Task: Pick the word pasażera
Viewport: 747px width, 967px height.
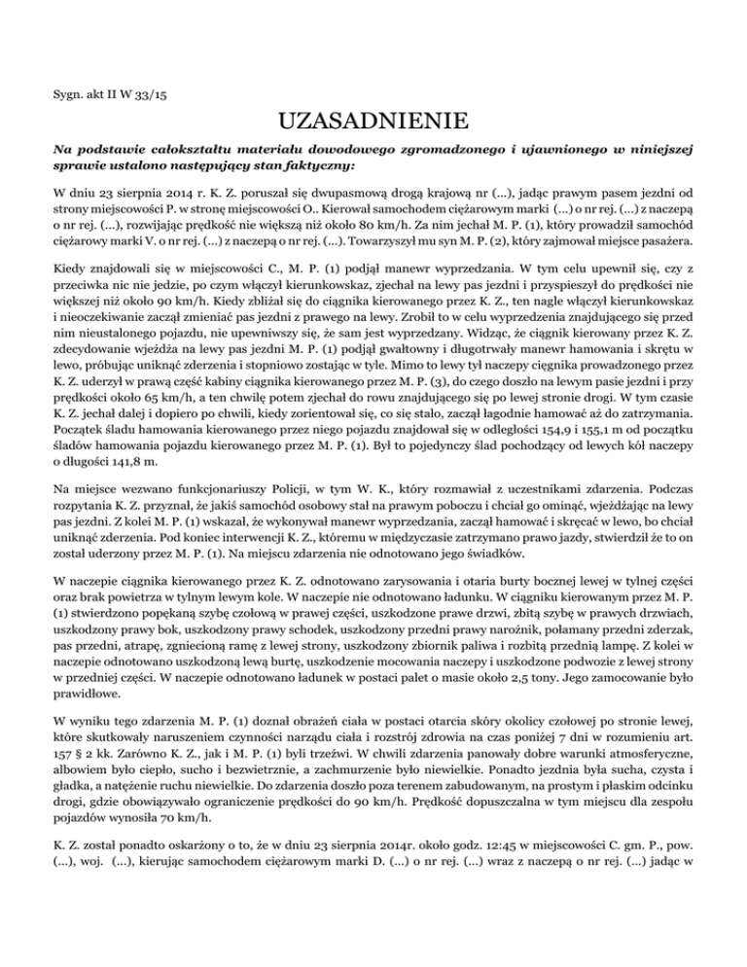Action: [669, 262]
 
